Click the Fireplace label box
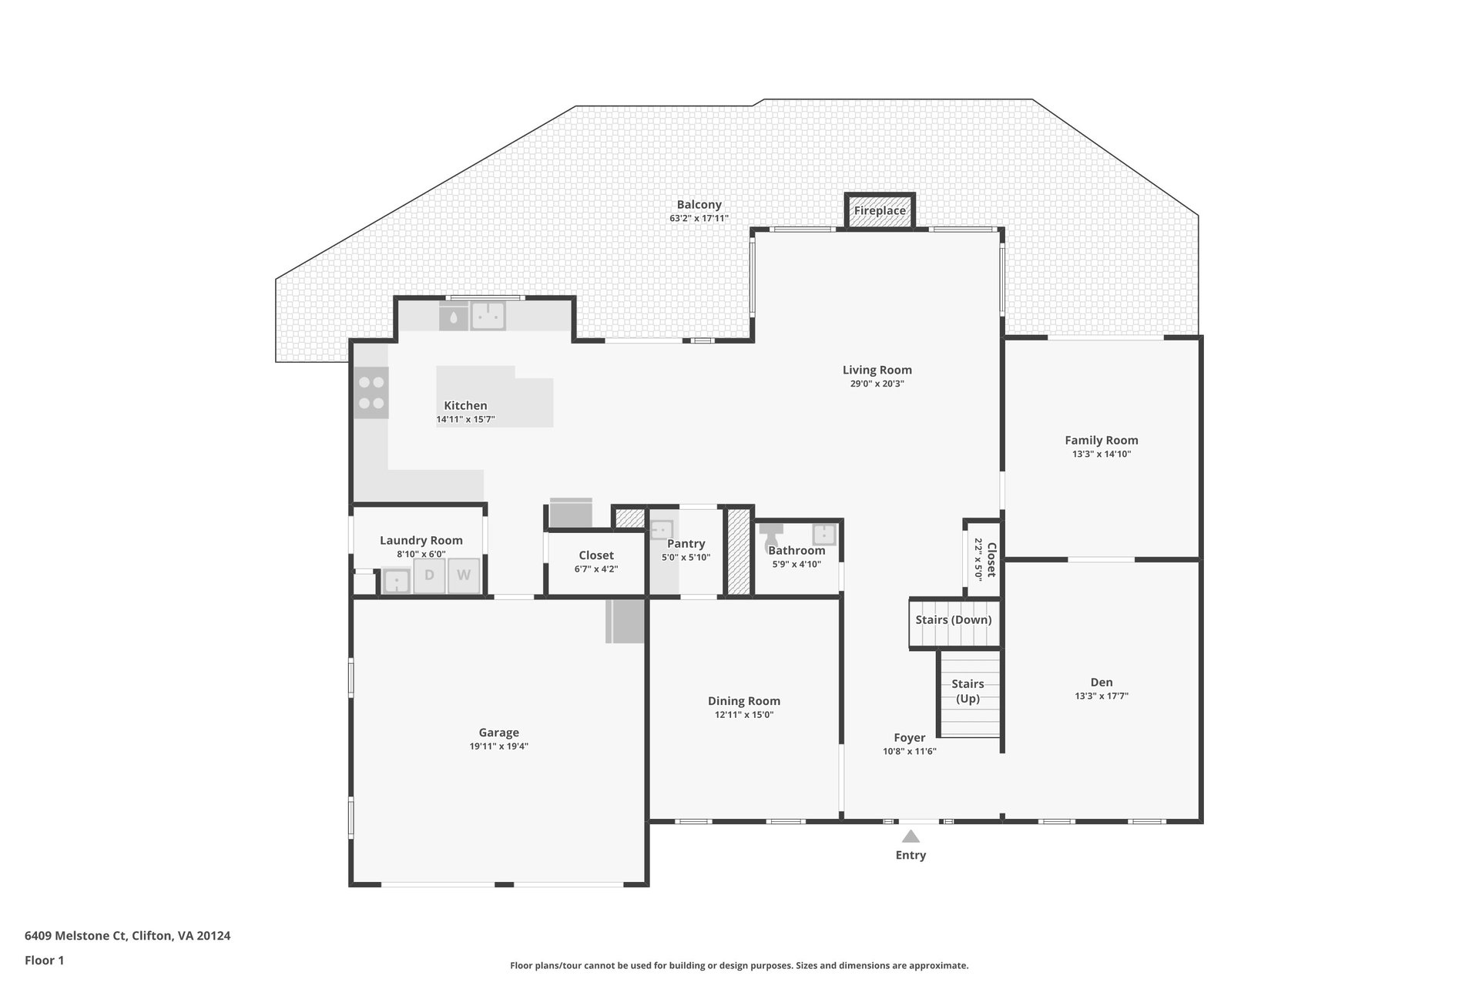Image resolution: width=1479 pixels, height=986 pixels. (x=880, y=210)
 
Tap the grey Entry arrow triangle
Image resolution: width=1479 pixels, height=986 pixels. (x=911, y=837)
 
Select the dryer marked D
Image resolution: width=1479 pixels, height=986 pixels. (x=429, y=575)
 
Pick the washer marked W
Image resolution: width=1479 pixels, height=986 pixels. (x=464, y=575)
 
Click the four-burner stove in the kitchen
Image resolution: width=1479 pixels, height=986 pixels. (x=371, y=392)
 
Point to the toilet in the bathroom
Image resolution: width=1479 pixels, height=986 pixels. (x=771, y=536)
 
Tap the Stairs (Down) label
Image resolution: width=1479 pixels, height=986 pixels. (x=954, y=620)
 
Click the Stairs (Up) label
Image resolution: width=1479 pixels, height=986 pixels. (x=968, y=691)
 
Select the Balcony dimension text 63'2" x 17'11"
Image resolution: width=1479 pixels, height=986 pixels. (x=699, y=218)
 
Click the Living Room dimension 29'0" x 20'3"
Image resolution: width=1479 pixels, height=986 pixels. (x=877, y=384)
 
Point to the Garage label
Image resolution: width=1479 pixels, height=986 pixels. (x=499, y=733)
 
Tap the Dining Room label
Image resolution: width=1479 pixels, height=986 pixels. (x=744, y=701)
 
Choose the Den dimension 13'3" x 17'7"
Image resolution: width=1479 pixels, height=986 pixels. (x=1102, y=696)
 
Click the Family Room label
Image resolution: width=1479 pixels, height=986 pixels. (x=1102, y=441)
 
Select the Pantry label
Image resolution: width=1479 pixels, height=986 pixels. (x=686, y=544)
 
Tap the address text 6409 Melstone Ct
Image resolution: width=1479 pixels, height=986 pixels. (x=75, y=936)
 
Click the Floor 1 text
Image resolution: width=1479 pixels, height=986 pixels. (x=45, y=960)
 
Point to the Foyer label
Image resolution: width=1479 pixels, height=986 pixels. (x=910, y=738)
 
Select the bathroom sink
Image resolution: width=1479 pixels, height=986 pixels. (x=824, y=533)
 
